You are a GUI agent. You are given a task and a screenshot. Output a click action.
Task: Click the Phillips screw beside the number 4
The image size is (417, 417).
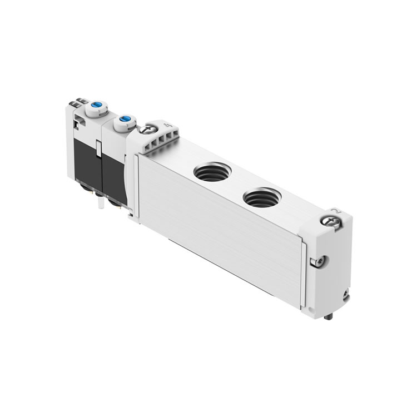coord(148,130)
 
